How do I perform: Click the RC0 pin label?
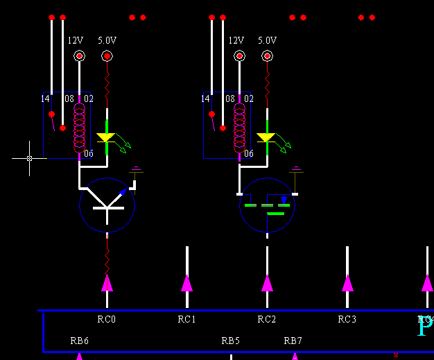107,319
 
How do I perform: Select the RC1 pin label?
187,319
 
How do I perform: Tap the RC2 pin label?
267,319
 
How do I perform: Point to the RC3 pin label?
347,319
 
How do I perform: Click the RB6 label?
80,341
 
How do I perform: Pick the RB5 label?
231,341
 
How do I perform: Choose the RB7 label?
293,341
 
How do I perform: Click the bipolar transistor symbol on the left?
107,204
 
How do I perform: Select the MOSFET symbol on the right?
267,205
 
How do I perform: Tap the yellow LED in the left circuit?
106,137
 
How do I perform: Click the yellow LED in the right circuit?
266,137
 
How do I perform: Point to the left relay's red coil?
79,128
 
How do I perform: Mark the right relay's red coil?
239,128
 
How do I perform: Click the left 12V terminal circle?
79,56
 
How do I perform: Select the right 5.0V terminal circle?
267,56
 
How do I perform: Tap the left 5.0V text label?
107,41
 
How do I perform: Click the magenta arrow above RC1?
187,282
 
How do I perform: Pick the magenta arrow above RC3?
347,282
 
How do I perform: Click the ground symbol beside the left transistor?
137,169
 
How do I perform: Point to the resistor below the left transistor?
107,260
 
